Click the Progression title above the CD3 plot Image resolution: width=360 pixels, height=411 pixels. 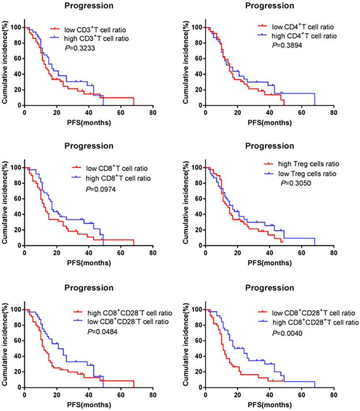(89, 6)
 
